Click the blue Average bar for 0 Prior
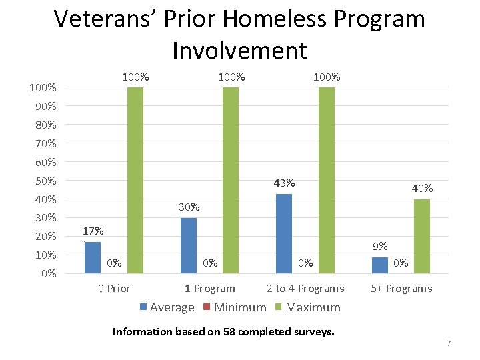[93, 257]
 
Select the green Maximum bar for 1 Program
[231, 180]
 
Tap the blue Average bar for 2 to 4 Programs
[284, 233]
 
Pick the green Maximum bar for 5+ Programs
[422, 236]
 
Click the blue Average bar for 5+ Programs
[379, 265]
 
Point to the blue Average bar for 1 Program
[189, 245]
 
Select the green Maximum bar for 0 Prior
[135, 180]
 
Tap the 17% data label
[93, 231]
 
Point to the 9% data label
[380, 247]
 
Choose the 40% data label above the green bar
[422, 189]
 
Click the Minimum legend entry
[235, 307]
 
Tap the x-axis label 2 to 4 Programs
[305, 289]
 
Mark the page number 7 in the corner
[449, 343]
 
